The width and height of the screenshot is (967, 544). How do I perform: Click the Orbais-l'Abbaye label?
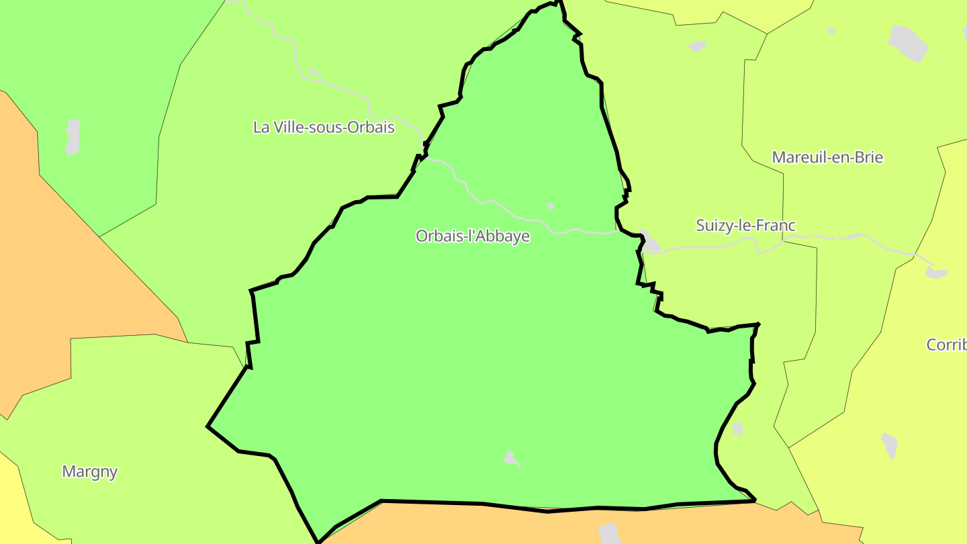click(x=472, y=236)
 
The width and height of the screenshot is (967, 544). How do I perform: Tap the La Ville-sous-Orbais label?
click(x=324, y=127)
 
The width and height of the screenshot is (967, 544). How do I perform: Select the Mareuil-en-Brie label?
click(x=827, y=158)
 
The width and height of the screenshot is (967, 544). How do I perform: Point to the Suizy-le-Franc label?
click(x=745, y=226)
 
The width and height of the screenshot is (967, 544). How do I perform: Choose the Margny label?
click(x=89, y=471)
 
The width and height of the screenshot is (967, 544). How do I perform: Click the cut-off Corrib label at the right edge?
click(x=947, y=345)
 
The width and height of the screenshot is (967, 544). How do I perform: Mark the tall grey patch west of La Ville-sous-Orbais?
click(x=73, y=136)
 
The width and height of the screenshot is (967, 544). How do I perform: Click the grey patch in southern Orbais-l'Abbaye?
click(x=512, y=459)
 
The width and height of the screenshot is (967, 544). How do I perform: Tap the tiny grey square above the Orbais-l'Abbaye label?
click(x=551, y=206)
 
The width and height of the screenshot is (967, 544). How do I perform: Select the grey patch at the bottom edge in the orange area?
click(x=610, y=533)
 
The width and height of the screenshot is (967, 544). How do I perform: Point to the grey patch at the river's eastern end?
click(x=936, y=273)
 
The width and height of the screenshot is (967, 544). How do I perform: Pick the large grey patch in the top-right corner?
click(x=909, y=42)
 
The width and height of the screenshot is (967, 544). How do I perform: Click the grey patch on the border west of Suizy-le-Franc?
click(x=649, y=241)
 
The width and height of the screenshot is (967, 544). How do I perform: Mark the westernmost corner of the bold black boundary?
click(x=208, y=426)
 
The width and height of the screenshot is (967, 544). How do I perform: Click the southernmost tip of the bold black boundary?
click(x=319, y=541)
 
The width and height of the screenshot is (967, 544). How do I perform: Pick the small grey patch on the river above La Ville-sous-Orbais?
click(x=314, y=72)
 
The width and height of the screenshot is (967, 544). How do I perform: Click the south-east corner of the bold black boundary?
click(x=755, y=500)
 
